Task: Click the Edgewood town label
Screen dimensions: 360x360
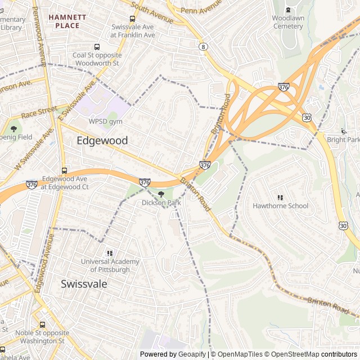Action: click(102, 141)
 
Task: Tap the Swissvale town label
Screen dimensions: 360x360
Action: click(84, 284)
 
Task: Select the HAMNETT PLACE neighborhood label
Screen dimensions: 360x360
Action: click(67, 21)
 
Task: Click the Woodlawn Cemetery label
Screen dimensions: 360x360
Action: click(287, 22)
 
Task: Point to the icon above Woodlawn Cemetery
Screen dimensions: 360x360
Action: click(288, 10)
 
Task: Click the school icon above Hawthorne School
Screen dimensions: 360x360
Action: click(281, 197)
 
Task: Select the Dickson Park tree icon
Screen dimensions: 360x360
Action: click(161, 194)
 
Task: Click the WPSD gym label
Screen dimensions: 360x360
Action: click(105, 121)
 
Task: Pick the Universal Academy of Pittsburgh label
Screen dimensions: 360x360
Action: click(110, 265)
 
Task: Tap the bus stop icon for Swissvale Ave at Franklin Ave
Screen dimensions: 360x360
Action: click(132, 19)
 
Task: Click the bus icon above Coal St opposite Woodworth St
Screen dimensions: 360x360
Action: click(97, 47)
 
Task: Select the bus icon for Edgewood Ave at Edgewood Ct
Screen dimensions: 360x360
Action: click(64, 170)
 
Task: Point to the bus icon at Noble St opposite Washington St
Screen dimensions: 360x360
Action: click(42, 325)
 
